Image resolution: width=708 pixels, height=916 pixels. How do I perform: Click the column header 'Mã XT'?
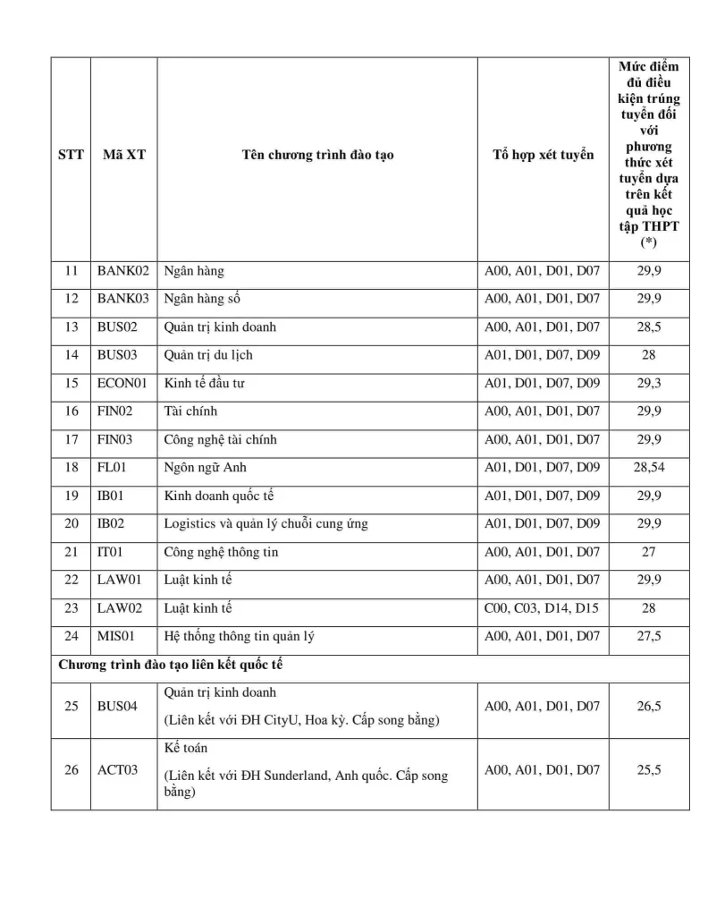123,155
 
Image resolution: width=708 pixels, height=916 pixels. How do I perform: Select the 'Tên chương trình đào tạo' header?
317,155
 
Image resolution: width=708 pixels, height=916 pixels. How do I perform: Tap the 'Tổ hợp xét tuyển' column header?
543,155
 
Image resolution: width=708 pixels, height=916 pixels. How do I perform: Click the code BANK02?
123,271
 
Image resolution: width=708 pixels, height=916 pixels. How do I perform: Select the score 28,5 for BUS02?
649,327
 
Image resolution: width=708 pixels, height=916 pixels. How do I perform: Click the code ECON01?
123,383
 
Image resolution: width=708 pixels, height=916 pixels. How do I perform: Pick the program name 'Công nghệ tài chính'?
218,439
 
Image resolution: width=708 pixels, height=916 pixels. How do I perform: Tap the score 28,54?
649,467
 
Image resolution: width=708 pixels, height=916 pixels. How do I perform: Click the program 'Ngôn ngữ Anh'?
205,467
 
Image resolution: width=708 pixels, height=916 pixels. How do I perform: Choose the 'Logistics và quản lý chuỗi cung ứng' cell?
265,523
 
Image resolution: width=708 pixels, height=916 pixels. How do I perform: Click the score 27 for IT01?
649,552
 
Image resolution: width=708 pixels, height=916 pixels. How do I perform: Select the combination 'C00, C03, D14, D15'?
542,608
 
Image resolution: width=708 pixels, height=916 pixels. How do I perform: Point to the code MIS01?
120,636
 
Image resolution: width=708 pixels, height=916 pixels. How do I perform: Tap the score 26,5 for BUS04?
649,707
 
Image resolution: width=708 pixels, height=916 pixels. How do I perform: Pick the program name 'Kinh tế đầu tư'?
204,383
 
